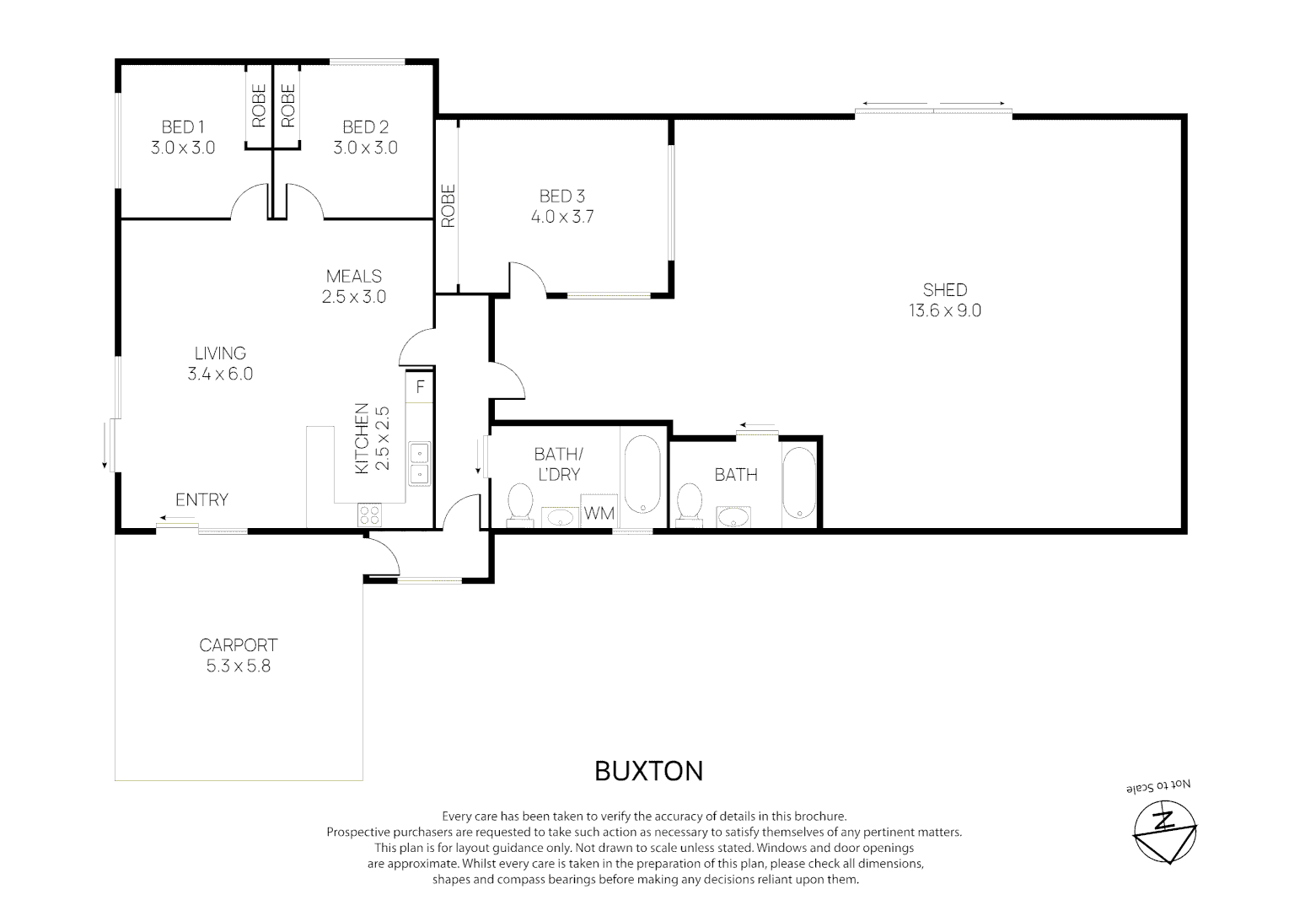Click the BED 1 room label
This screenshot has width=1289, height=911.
pos(183,127)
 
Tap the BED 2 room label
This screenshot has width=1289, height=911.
pos(365,127)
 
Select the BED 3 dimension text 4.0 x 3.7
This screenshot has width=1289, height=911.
pos(562,217)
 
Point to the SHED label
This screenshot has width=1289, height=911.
pos(944,290)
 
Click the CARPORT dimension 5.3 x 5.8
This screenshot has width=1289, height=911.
pos(238,666)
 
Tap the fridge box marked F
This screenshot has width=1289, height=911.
pos(420,388)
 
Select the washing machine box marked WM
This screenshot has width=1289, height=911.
pos(599,513)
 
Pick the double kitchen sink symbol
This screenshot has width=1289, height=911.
pos(419,464)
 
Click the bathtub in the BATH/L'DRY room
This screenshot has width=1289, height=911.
pos(644,475)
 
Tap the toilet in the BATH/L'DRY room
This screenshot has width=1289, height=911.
pos(519,504)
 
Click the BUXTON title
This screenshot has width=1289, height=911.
pos(648,771)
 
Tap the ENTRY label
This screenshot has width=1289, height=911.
pos(201,500)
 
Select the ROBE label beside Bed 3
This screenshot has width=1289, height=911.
pos(448,206)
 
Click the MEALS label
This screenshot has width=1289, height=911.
pos(353,277)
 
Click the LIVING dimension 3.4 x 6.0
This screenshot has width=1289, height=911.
pos(220,375)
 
